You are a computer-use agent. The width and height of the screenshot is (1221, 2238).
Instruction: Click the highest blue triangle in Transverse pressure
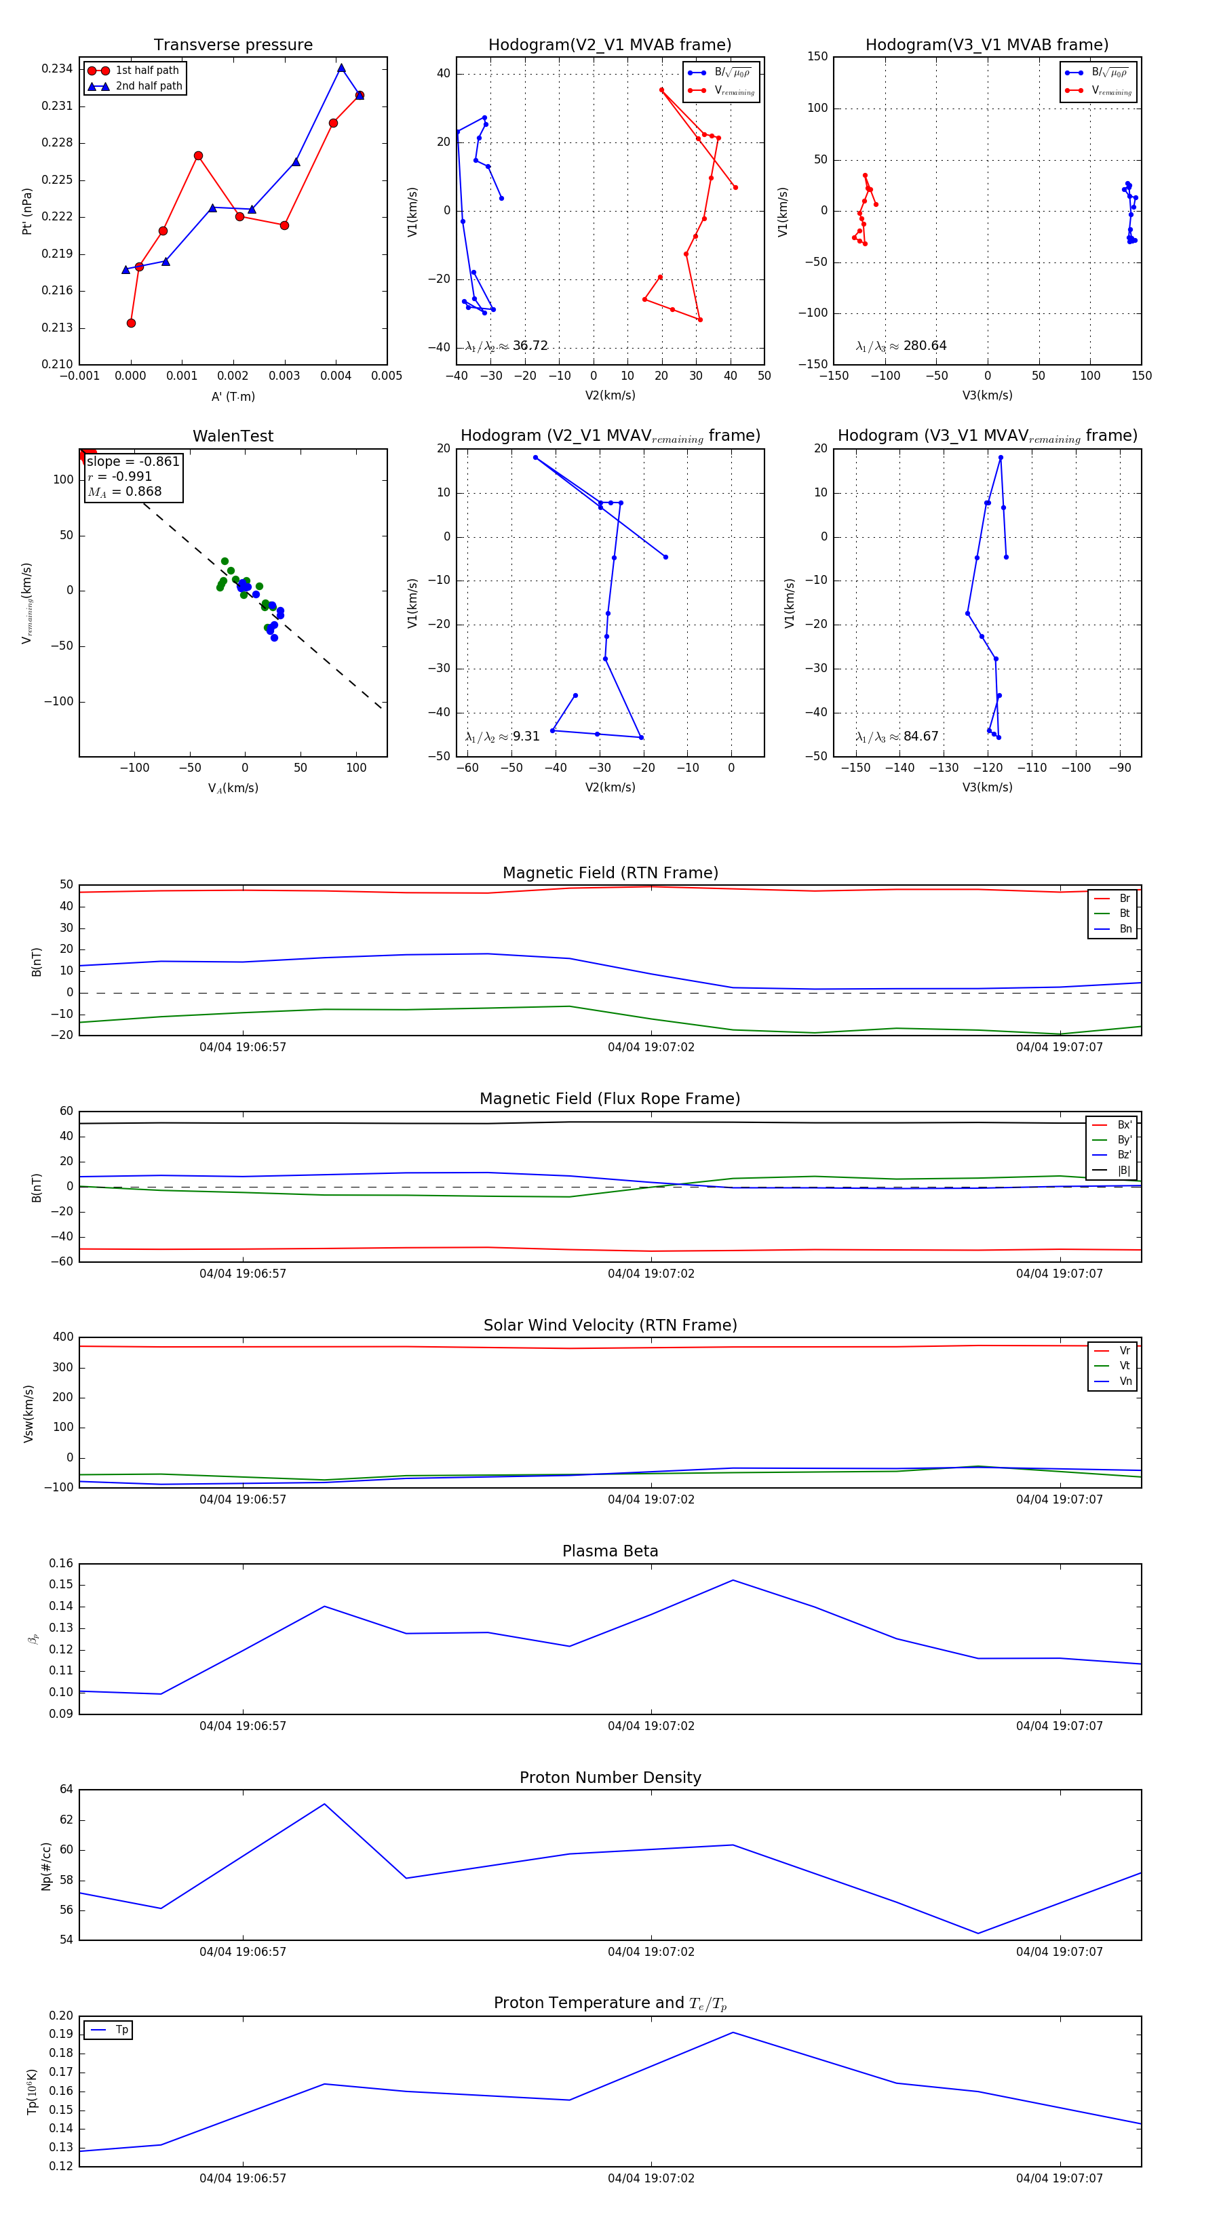(x=341, y=68)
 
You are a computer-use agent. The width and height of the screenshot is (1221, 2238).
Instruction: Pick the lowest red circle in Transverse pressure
(x=131, y=323)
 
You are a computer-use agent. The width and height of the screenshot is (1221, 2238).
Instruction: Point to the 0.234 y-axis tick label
(x=58, y=68)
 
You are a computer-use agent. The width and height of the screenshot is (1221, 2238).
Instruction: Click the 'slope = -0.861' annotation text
(x=133, y=461)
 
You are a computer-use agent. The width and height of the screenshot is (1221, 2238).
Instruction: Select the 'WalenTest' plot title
(x=233, y=436)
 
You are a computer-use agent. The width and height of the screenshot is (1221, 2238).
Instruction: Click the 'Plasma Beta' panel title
(x=610, y=1551)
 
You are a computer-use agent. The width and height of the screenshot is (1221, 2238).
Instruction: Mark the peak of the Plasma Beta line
(x=733, y=1580)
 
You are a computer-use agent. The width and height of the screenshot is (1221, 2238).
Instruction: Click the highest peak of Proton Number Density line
(x=324, y=1803)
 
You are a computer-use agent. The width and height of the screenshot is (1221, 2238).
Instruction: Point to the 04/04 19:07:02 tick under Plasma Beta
(x=651, y=1725)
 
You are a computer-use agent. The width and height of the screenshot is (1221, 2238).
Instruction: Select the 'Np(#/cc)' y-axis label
(x=46, y=1866)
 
